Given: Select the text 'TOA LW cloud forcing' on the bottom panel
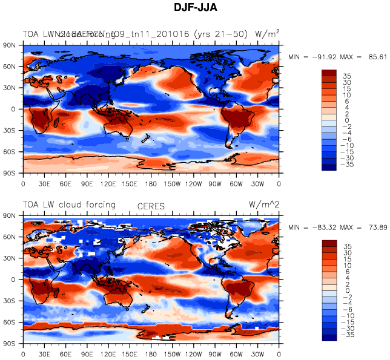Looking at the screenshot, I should pos(69,205).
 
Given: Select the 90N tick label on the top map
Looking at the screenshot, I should pos(10,45).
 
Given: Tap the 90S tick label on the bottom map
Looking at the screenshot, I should pos(10,344).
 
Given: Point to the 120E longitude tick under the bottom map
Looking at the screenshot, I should pos(108,353).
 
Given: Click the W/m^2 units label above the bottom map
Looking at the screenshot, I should pos(264,205).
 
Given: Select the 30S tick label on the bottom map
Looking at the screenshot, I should pos(10,301).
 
